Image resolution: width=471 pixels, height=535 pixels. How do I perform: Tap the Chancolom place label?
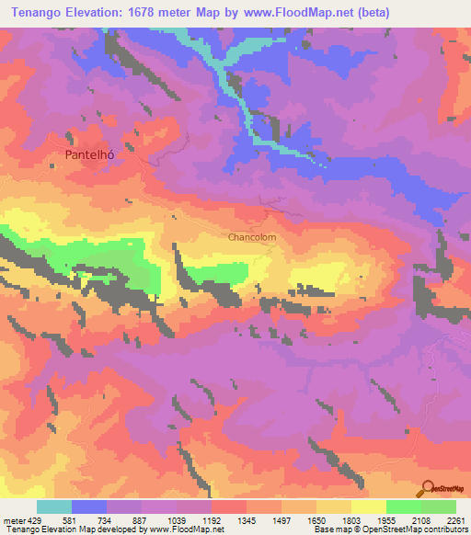tap(252, 236)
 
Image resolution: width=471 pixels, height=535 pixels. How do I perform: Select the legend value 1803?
tap(355, 519)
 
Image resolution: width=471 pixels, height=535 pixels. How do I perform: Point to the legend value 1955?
tap(390, 519)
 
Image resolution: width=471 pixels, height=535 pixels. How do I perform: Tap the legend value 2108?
tap(425, 519)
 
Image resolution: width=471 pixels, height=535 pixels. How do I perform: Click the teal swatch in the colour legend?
tap(54, 507)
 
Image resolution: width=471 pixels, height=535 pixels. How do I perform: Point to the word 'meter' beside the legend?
tap(13, 519)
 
